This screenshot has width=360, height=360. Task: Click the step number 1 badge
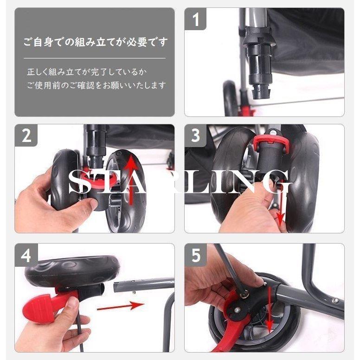coord(196,19)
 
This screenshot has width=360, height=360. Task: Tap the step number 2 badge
coord(26,135)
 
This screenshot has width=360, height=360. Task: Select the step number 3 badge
coord(196,135)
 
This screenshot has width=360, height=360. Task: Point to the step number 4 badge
coord(26,255)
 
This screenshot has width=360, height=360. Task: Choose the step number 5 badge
coord(196,255)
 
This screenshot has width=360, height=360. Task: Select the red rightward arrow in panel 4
coord(121,306)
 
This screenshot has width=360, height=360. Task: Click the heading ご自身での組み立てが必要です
coord(95,43)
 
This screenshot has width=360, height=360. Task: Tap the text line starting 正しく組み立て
coord(87,72)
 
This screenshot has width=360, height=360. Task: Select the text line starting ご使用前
coord(96,85)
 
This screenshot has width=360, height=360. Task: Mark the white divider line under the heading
coord(95,58)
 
